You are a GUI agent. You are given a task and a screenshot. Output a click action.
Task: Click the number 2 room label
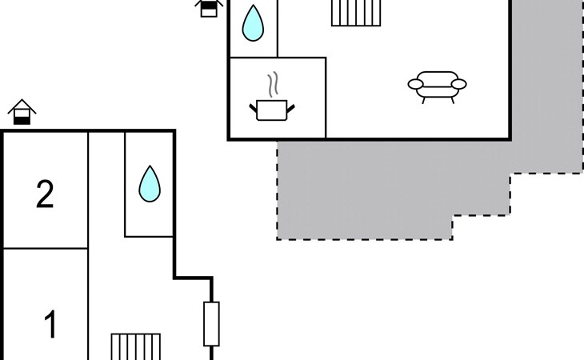[45, 194]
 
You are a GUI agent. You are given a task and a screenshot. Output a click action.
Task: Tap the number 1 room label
[50, 324]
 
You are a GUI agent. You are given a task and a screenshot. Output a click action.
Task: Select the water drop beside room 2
[150, 184]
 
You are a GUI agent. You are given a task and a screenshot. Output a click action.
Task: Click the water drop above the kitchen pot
[253, 22]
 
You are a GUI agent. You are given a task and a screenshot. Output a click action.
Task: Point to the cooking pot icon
[272, 110]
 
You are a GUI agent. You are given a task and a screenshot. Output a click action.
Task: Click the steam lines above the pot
[273, 85]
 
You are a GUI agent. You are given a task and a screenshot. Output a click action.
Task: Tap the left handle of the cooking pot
[254, 108]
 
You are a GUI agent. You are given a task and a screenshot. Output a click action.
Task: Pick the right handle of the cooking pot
[290, 108]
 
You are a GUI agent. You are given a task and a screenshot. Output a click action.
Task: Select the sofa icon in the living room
[438, 87]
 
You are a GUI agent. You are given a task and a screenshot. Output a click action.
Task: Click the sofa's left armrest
[416, 85]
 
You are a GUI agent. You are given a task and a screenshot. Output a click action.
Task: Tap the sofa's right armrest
[459, 85]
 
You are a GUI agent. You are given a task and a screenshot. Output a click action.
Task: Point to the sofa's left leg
[424, 100]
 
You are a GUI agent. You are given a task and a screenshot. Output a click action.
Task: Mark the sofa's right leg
[453, 100]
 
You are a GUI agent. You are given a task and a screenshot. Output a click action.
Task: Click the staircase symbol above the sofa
[356, 13]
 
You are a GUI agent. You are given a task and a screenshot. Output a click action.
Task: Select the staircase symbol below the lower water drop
[136, 346]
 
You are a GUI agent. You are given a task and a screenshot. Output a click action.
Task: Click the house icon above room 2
[22, 112]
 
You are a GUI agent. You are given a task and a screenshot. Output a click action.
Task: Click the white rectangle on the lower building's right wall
[211, 324]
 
